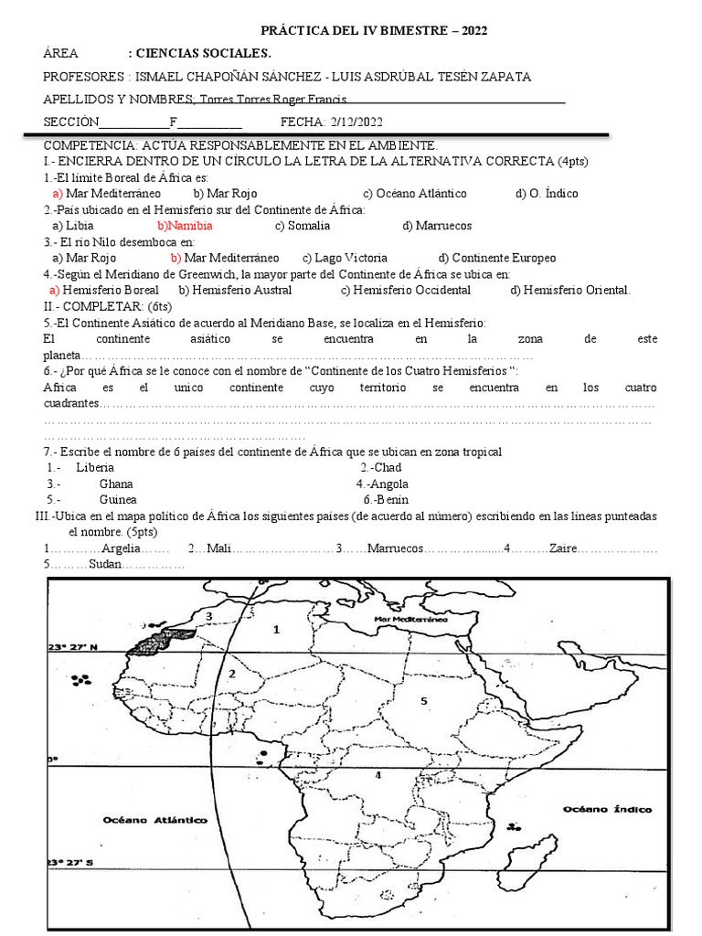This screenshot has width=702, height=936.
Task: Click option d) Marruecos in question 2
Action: (437, 225)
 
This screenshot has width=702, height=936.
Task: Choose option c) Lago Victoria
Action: (345, 258)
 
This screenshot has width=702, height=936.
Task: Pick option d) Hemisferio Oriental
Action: (570, 290)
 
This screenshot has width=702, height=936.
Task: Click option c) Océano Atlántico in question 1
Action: (415, 193)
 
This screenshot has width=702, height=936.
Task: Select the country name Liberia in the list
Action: (96, 467)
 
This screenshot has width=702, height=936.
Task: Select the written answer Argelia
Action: (122, 548)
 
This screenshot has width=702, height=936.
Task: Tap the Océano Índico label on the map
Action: (606, 809)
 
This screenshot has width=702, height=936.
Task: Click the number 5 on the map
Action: (423, 700)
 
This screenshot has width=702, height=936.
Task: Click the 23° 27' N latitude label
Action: (73, 646)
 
